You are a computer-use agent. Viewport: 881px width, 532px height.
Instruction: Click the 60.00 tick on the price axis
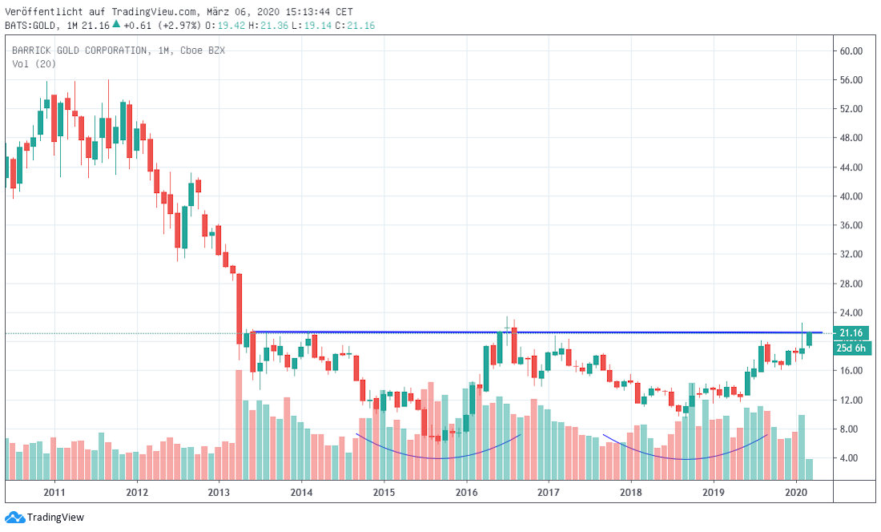coord(851,50)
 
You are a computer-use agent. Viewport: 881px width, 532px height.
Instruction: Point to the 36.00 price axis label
coord(851,225)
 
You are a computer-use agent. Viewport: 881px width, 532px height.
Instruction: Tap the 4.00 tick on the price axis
coord(851,458)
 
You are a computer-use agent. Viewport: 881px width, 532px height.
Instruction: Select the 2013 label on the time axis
coord(219,491)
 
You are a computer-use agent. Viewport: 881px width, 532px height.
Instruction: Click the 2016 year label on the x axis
coord(466,491)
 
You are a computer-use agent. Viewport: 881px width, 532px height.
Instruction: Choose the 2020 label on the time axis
coord(796,491)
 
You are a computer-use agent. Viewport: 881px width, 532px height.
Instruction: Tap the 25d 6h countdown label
coord(851,348)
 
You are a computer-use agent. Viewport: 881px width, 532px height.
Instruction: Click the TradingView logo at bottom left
coord(45,518)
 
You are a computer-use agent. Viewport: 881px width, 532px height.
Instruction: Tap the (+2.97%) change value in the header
coord(180,26)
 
